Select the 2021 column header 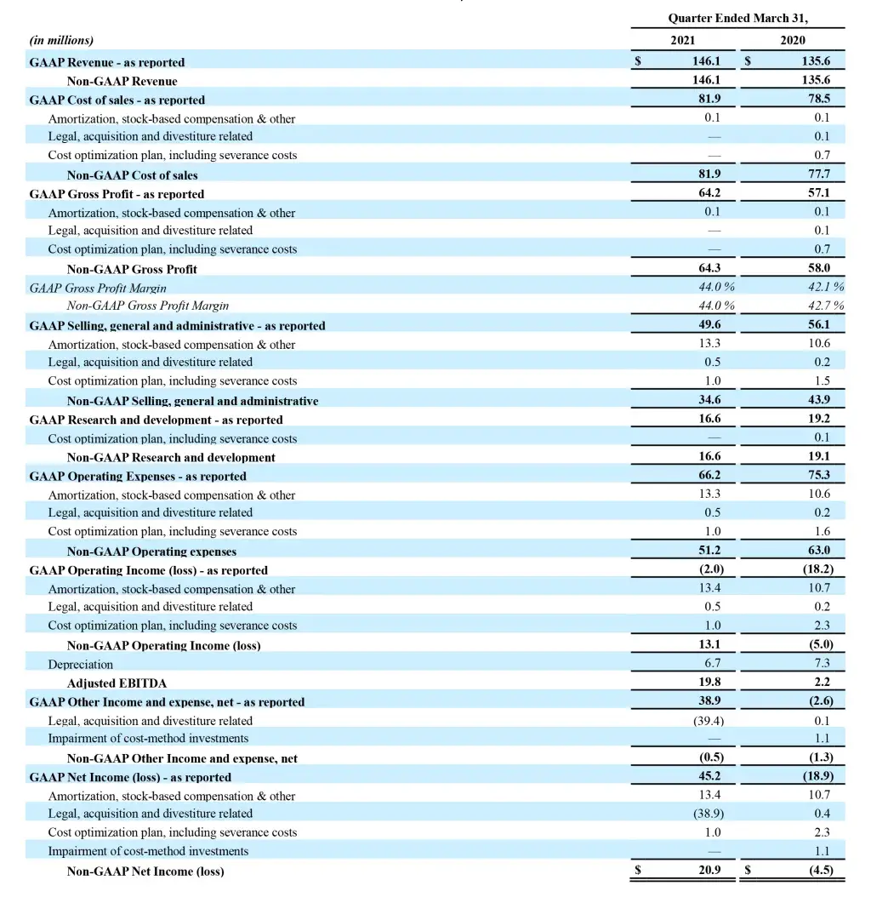coord(682,40)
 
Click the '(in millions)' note coord(61,40)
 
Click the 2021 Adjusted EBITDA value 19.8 coord(709,683)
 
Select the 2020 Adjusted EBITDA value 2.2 coord(821,683)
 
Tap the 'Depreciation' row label coord(80,664)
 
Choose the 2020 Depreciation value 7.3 coord(821,663)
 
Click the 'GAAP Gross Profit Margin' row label coord(98,289)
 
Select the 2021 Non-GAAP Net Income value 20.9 coord(709,871)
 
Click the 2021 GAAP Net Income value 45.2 coord(709,776)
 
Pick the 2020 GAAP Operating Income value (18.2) coord(817,569)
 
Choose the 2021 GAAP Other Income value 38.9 coord(709,701)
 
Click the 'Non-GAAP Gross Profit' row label coord(132,270)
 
